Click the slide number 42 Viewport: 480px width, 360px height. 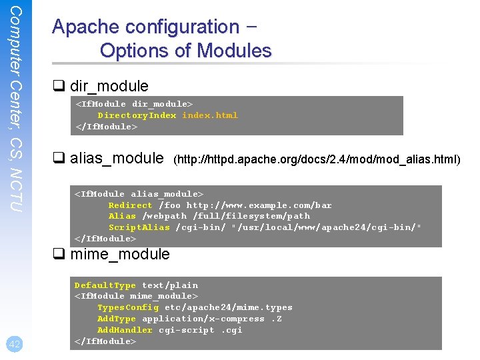pos(15,344)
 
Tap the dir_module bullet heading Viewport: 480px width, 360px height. pos(109,86)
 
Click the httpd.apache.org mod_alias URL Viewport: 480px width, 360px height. pos(317,159)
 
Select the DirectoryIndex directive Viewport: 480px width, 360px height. pos(137,115)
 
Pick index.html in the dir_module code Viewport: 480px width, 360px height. pos(210,115)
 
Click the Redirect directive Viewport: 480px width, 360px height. pos(130,205)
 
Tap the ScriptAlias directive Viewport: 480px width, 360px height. pos(139,227)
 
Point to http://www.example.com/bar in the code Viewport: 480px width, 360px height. pos(259,205)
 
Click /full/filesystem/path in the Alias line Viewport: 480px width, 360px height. pos(251,216)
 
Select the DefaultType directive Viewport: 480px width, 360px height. pos(105,285)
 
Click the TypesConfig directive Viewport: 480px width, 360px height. pos(128,307)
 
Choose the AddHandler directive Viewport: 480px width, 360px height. pos(125,330)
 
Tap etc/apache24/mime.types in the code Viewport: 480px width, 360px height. pos(229,307)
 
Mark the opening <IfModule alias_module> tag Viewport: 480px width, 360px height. pos(139,194)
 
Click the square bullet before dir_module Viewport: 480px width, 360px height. pos(59,86)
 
